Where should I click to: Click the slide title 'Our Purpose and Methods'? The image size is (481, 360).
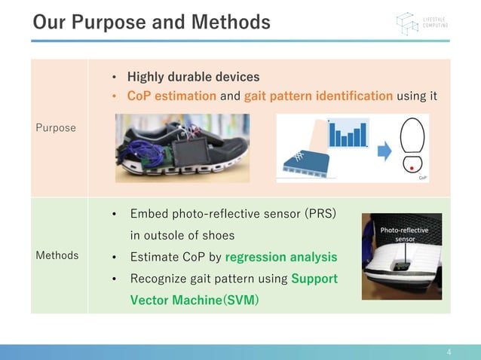coord(152,23)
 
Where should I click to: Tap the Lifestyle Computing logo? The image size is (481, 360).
coord(421,23)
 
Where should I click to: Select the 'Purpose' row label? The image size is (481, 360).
coord(56,128)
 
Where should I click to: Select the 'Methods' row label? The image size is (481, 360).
coord(57,255)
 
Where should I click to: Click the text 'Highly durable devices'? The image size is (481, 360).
coord(193,77)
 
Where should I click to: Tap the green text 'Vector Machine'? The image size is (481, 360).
coord(173,300)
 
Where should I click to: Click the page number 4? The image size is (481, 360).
coord(449,352)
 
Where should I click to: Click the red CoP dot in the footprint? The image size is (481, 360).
coord(411,169)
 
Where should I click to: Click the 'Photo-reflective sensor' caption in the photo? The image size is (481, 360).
coord(404,234)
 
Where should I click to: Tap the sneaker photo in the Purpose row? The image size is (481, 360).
coord(182,148)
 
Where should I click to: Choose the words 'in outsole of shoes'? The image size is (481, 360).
coord(182,235)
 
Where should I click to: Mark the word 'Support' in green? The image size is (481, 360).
coord(314,279)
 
